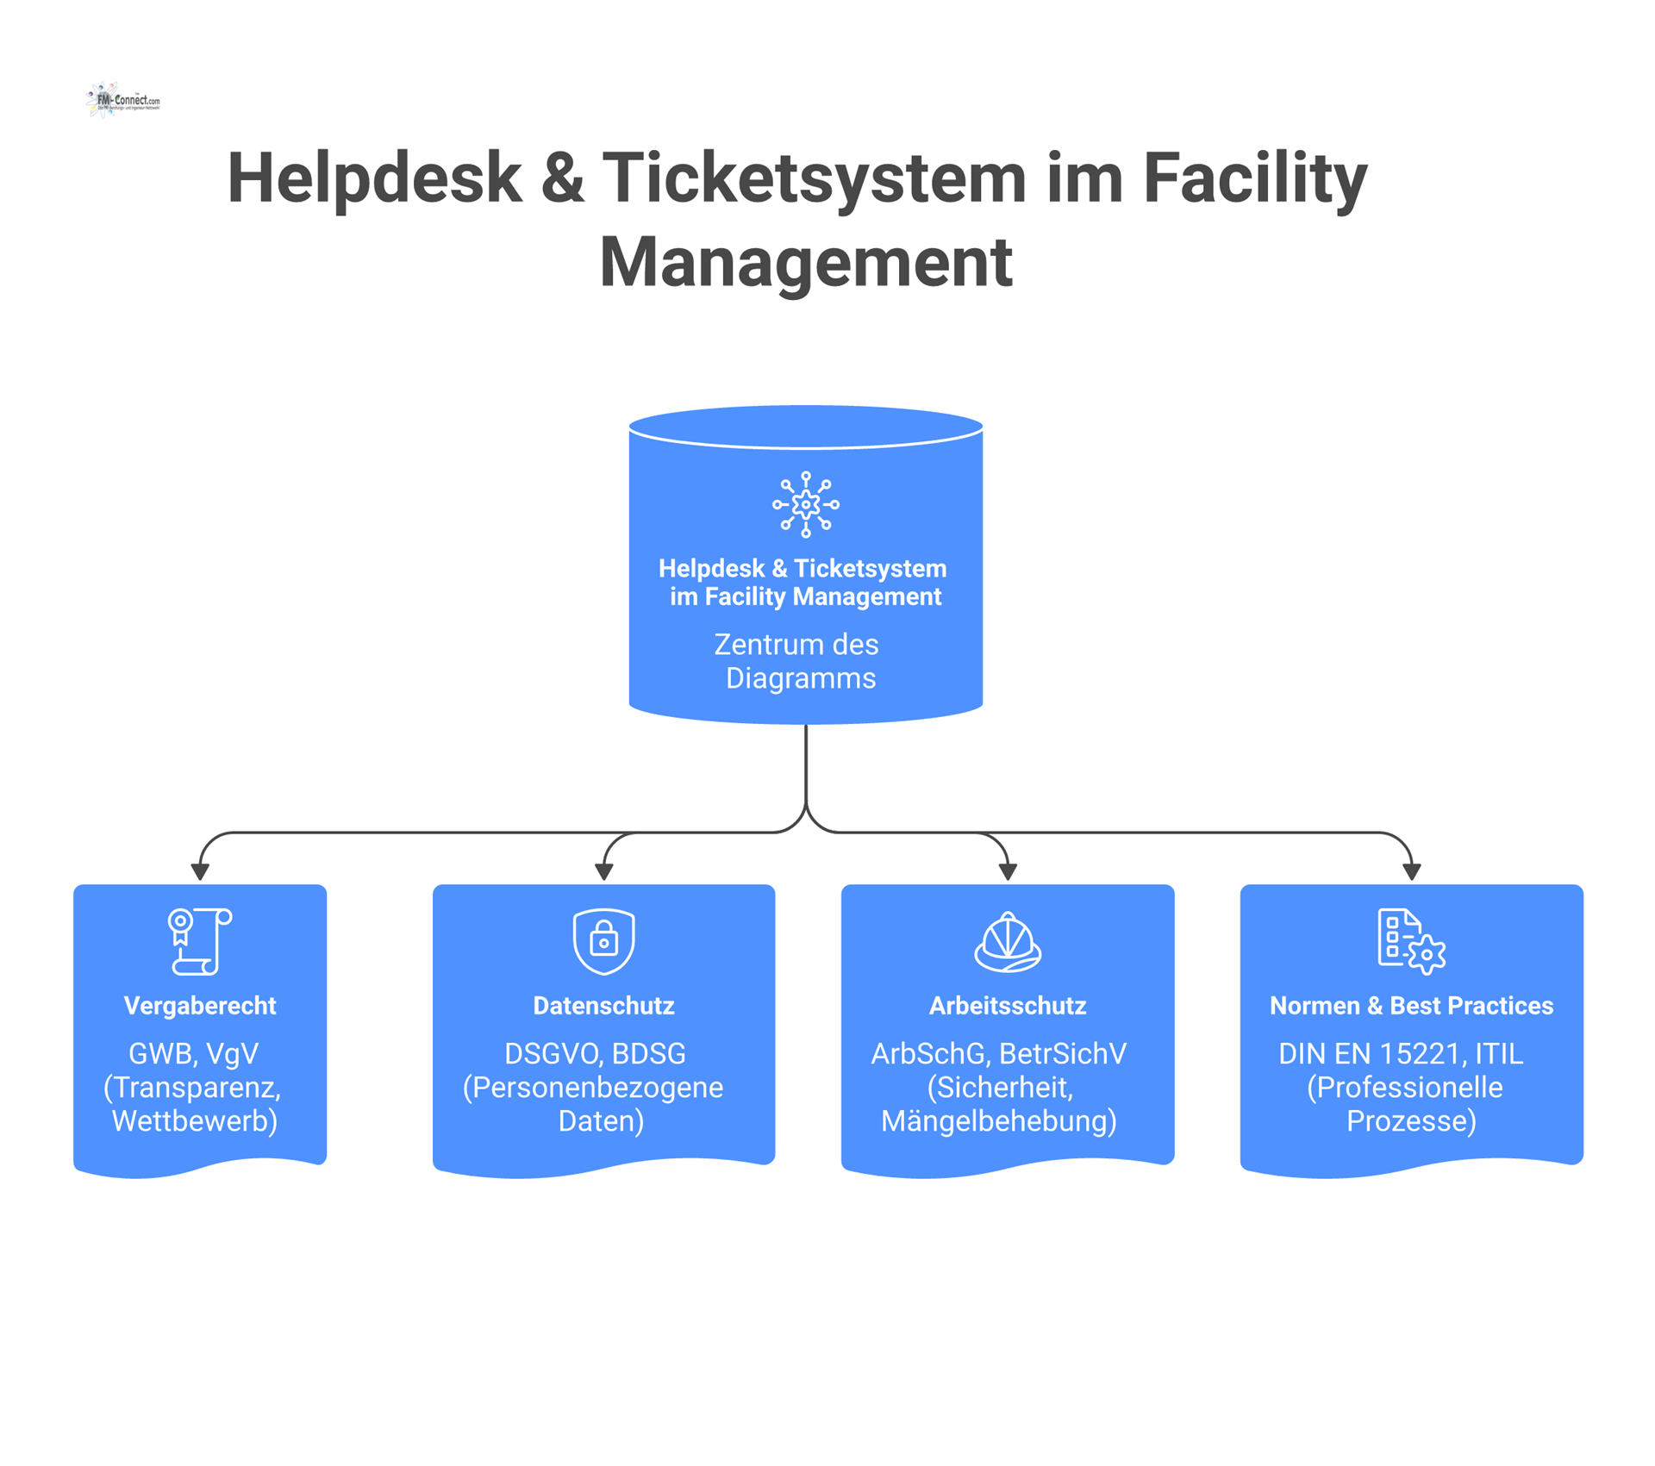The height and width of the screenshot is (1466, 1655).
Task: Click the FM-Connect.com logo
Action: click(x=123, y=101)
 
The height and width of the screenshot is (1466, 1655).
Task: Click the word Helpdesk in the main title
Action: click(x=374, y=178)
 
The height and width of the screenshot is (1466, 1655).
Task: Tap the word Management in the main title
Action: click(x=805, y=262)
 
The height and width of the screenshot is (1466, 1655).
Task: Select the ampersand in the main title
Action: click(x=562, y=178)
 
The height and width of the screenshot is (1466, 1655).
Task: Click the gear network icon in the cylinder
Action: click(x=805, y=504)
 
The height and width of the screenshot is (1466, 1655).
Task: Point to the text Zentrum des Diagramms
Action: click(x=799, y=661)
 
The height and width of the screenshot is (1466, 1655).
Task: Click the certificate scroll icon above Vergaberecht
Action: click(x=199, y=941)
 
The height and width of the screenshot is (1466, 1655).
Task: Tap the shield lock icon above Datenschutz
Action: click(x=603, y=941)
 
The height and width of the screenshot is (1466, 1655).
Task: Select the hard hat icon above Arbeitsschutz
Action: click(x=1007, y=942)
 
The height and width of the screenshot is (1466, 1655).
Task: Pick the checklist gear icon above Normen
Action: click(x=1410, y=942)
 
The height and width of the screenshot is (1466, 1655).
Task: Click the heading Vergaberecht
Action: click(x=199, y=1006)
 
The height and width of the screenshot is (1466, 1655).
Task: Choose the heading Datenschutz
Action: click(x=603, y=1006)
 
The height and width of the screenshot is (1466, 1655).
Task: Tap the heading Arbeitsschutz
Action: click(x=1007, y=1006)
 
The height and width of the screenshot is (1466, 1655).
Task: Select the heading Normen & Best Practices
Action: click(x=1411, y=1006)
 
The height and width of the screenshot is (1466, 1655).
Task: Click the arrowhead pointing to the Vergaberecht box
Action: click(x=200, y=872)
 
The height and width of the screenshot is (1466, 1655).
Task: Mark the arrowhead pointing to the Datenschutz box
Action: click(x=603, y=872)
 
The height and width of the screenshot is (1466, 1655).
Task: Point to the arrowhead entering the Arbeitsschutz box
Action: click(x=1008, y=872)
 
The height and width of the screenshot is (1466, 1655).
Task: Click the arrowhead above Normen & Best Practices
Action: click(x=1411, y=872)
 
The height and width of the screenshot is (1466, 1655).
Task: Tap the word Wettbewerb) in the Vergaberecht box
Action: click(x=195, y=1121)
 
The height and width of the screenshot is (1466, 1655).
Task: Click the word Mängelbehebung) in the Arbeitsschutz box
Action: click(x=998, y=1121)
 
